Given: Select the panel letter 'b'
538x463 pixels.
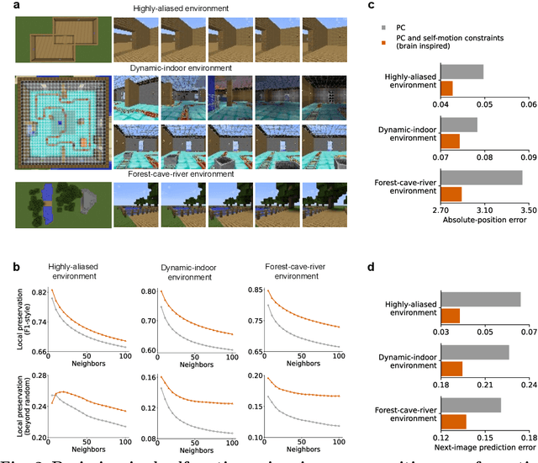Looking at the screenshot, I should click(8, 268).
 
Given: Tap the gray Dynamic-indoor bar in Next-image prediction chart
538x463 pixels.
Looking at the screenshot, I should click(475, 353).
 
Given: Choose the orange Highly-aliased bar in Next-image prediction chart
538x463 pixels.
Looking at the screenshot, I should click(451, 316).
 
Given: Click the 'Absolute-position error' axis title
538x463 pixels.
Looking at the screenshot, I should click(483, 219).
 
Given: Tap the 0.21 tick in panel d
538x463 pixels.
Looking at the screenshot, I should click(484, 384).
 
